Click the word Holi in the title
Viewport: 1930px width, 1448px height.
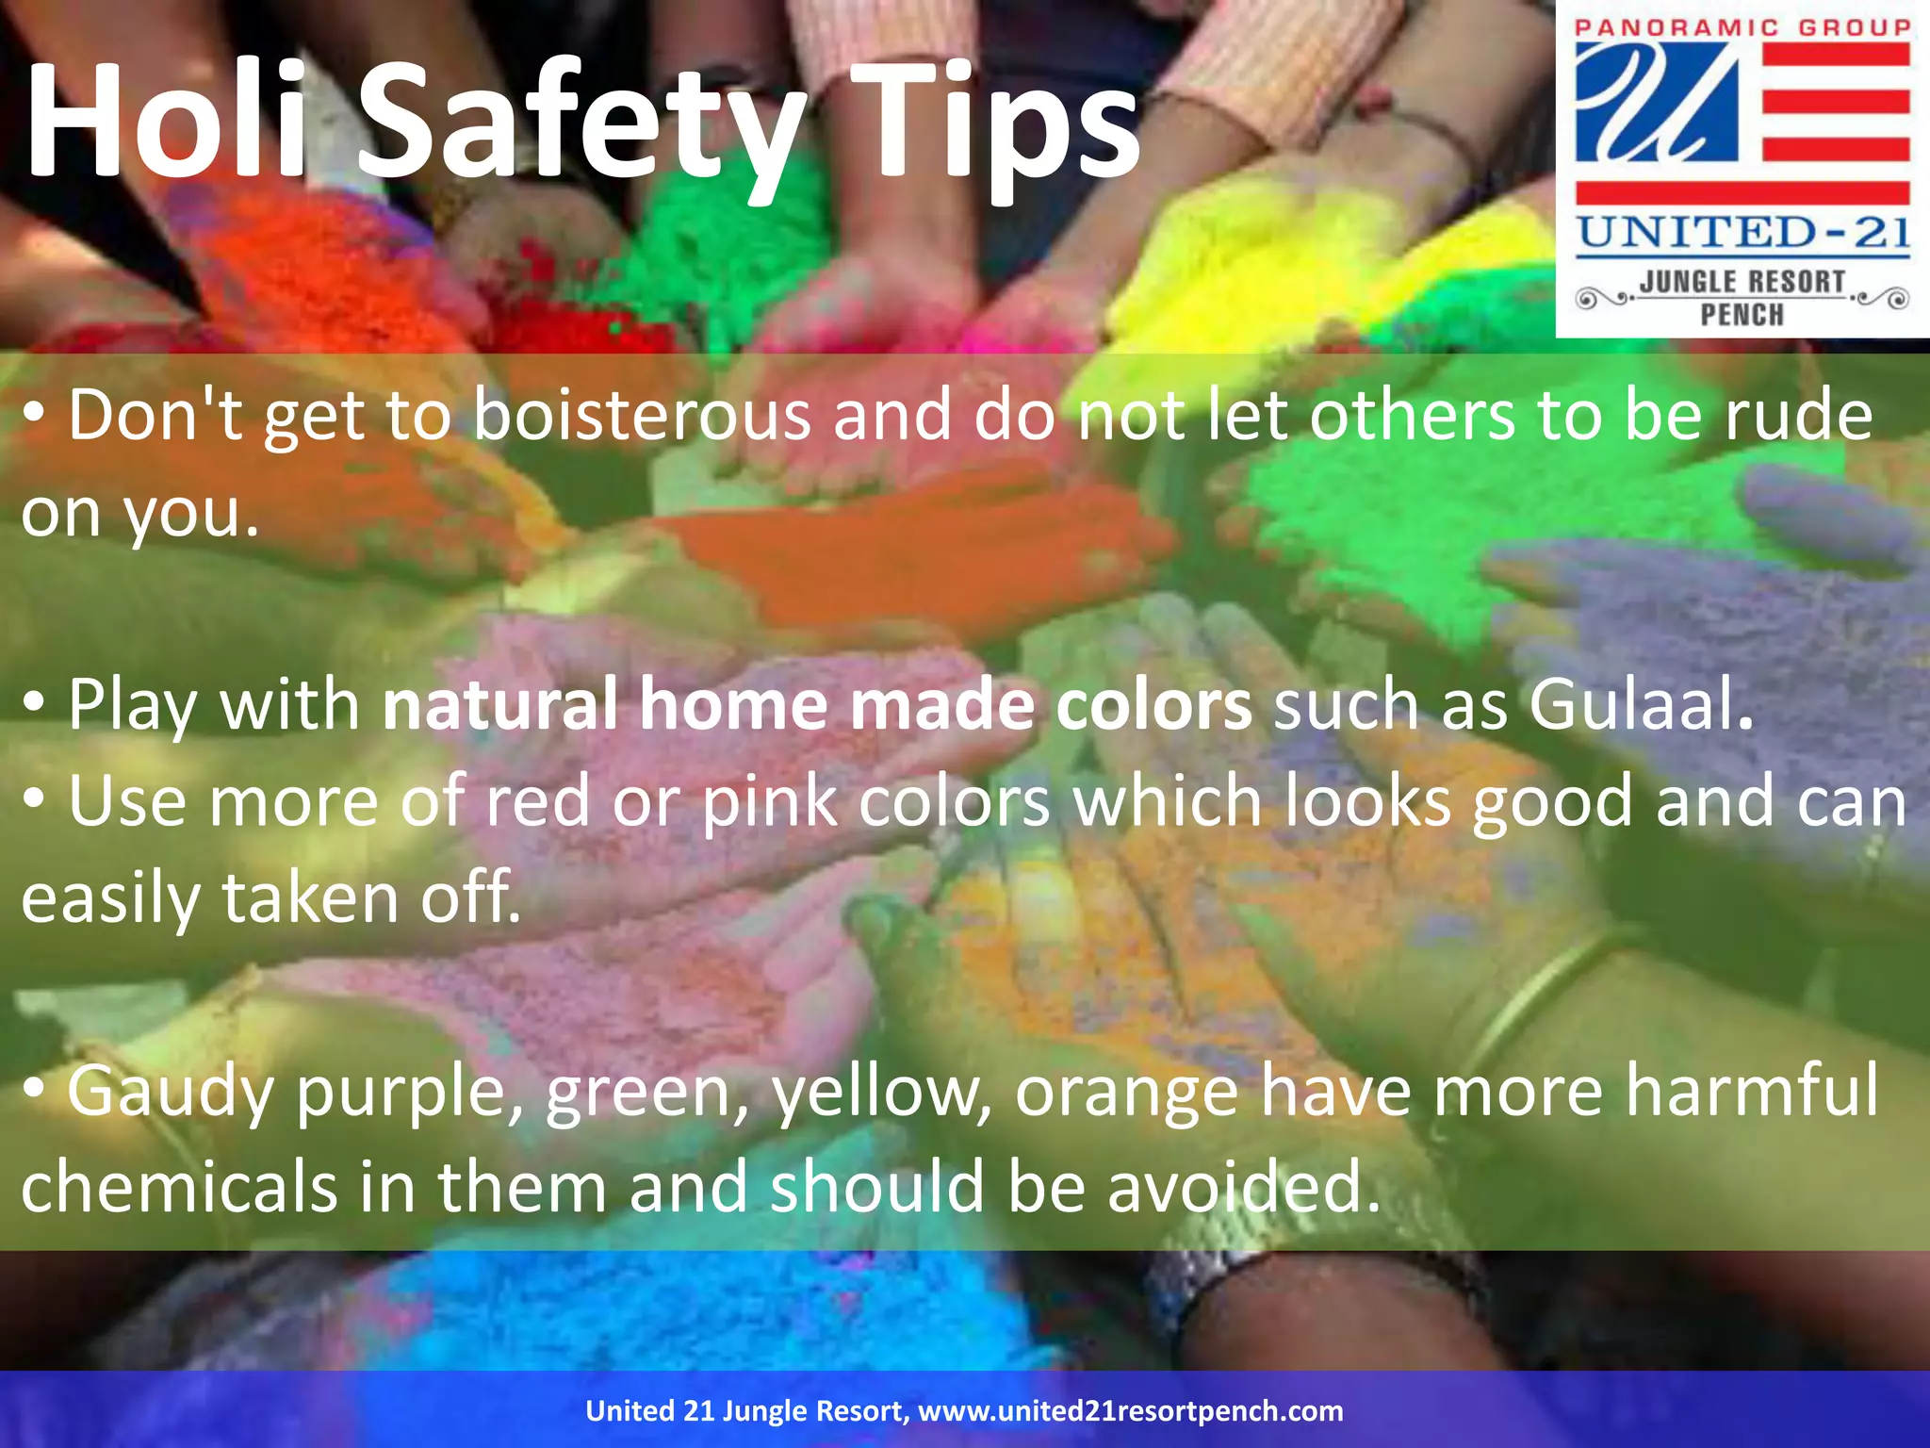165,120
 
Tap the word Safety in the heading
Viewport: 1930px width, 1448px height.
579,123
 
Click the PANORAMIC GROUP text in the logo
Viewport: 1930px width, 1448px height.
1742,27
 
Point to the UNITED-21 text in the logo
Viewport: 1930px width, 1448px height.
1742,232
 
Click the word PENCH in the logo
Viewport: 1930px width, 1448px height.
1742,315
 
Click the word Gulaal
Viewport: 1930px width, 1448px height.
1641,704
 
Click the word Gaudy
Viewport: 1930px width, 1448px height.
170,1092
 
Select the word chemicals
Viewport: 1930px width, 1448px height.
179,1188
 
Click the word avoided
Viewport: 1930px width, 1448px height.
1243,1188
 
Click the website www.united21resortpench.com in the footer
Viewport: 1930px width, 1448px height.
1130,1411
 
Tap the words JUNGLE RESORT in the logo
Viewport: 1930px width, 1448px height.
1742,282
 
